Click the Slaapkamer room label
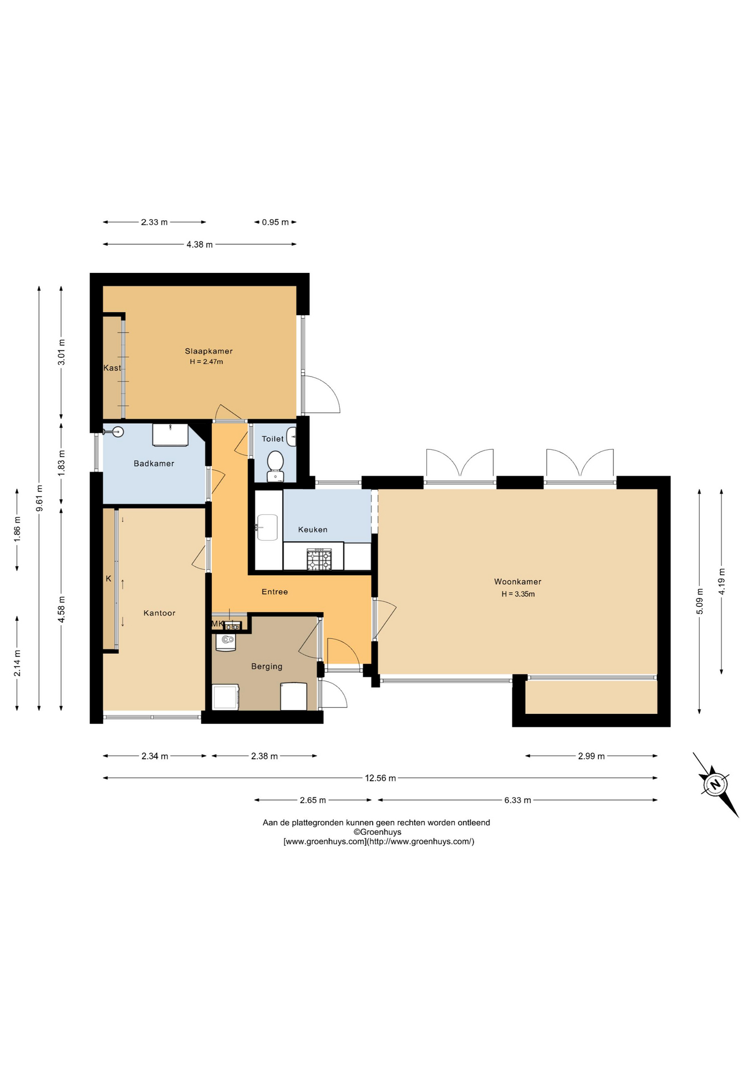(x=208, y=351)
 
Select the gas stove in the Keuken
(x=319, y=560)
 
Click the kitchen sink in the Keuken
(x=268, y=527)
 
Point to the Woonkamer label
(x=518, y=582)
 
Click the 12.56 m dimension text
(x=380, y=778)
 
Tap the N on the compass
(x=715, y=784)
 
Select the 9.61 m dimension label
(x=39, y=499)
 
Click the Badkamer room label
(x=154, y=464)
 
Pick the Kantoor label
(x=160, y=613)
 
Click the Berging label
(x=267, y=667)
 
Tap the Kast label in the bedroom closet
(x=112, y=368)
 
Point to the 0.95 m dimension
(x=276, y=222)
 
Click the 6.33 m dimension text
(x=518, y=800)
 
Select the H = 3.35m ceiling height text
(x=518, y=594)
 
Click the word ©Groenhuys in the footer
(x=378, y=832)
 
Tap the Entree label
(x=275, y=592)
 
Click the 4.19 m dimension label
(x=721, y=581)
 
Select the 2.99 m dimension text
(x=592, y=756)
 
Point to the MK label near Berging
(x=217, y=624)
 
